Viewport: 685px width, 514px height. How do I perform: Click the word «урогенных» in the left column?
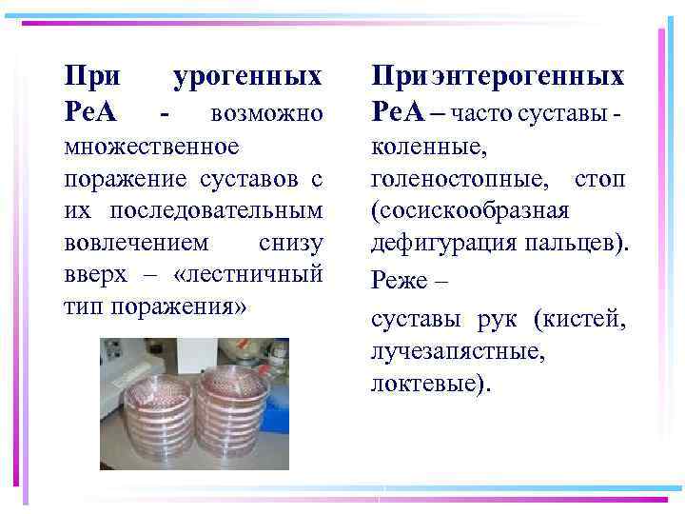click(x=248, y=75)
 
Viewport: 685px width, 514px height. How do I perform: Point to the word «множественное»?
click(x=150, y=148)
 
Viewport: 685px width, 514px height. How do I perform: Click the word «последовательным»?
click(x=216, y=210)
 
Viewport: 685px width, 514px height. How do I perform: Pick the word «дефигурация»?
click(x=440, y=242)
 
